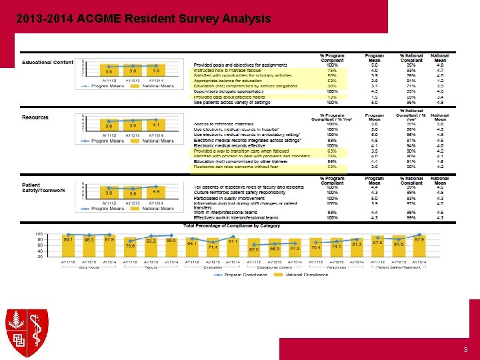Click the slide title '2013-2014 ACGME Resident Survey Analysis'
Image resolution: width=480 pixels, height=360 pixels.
tap(143, 19)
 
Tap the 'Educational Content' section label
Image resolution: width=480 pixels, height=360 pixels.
tap(47, 63)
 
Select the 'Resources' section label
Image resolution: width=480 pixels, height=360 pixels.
tap(35, 117)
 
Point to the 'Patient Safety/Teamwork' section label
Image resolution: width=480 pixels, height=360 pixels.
tap(43, 188)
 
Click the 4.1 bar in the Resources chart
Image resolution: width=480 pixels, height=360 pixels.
tap(156, 127)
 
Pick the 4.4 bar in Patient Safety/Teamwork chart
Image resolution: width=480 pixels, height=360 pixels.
tap(156, 193)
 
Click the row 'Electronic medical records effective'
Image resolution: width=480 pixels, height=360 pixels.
tap(230, 146)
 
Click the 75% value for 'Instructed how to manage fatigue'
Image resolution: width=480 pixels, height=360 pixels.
tap(332, 70)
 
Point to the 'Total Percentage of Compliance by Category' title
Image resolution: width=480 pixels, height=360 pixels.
tap(231, 226)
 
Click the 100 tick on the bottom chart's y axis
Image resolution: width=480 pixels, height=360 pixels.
tap(39, 234)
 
